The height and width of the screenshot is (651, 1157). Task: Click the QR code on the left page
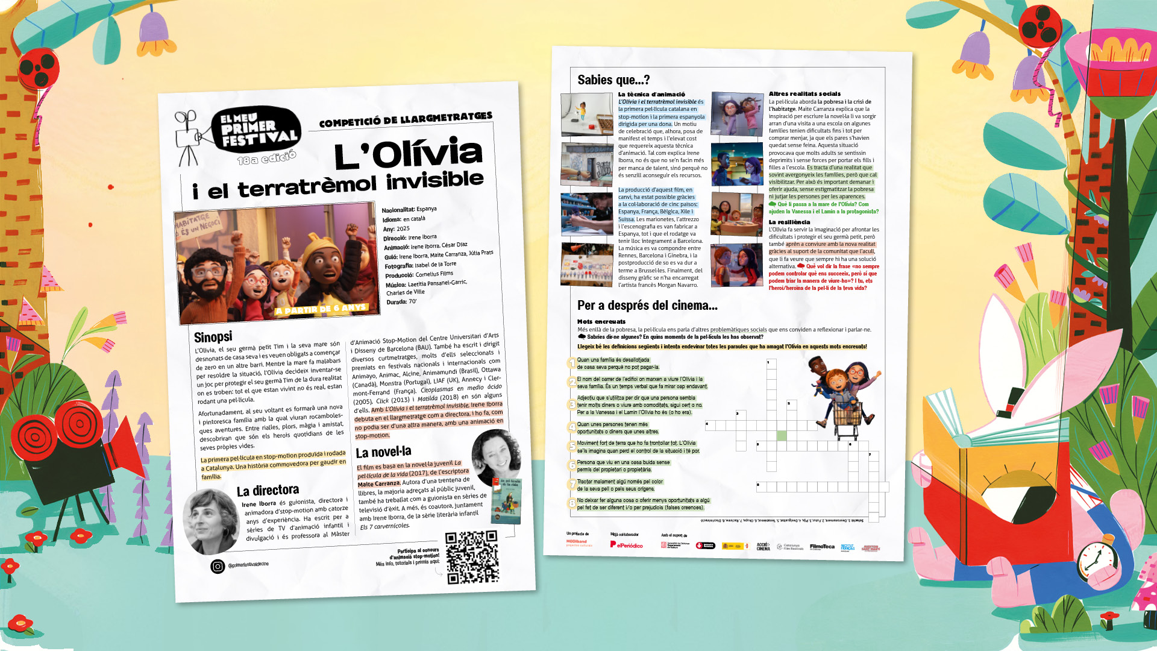coord(472,557)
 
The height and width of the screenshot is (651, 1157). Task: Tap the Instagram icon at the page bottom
coord(218,567)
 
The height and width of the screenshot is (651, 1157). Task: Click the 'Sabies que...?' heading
coord(613,80)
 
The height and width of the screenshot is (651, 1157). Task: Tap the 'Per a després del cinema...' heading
coord(647,306)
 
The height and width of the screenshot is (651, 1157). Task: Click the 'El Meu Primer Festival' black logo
coord(256,130)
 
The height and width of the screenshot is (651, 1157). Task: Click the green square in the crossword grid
coord(782,436)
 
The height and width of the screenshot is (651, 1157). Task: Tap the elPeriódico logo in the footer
coord(626,545)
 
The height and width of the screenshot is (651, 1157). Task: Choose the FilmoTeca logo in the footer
coord(822,547)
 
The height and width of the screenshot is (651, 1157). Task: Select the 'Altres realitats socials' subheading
coord(804,94)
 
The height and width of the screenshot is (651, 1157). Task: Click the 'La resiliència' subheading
coord(789,222)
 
